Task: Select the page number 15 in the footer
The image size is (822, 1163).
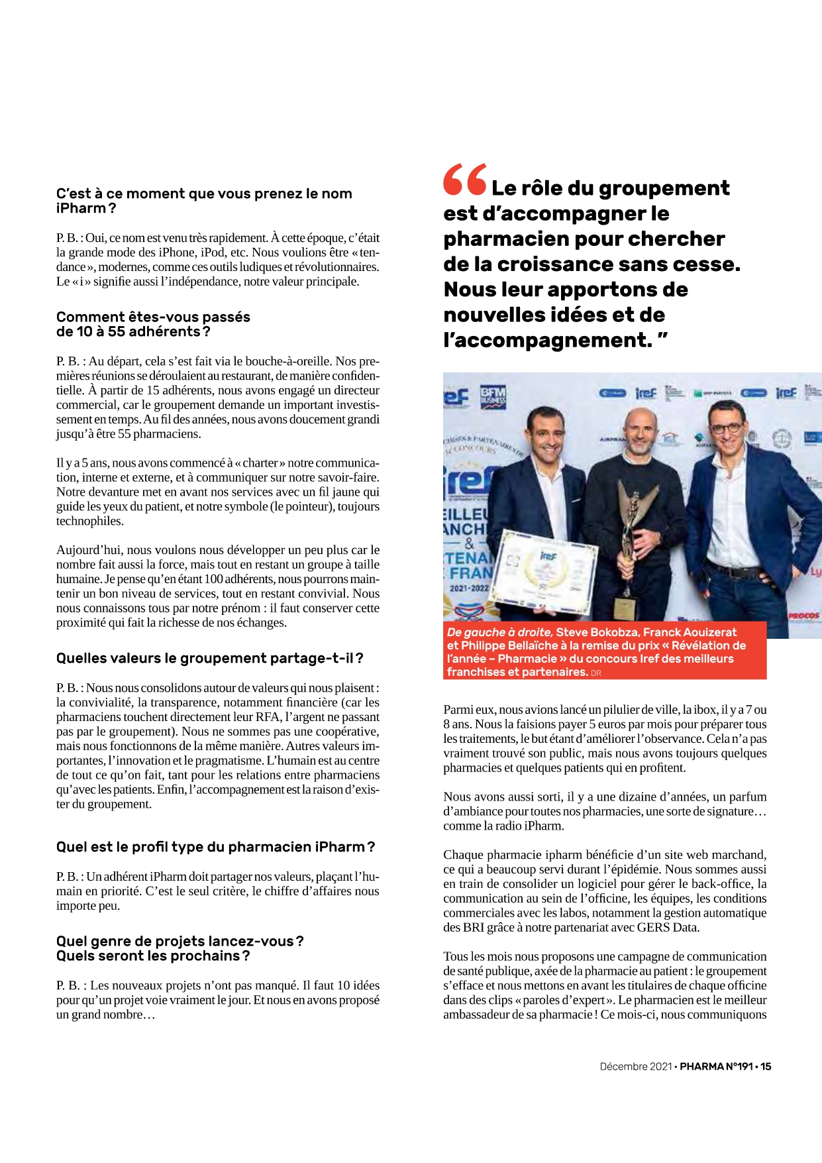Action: point(766,1066)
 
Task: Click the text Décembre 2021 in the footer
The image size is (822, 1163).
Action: point(635,1066)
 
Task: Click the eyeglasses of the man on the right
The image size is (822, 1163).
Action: point(726,428)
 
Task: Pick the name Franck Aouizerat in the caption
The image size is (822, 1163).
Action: point(690,632)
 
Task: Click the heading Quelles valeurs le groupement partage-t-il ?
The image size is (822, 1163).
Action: point(209,658)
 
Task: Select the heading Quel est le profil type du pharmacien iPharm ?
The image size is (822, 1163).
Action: point(215,847)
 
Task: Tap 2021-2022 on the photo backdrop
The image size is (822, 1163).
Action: point(469,588)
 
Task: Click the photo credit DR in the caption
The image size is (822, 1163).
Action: point(596,673)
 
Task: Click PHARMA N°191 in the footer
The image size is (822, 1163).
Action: point(716,1066)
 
